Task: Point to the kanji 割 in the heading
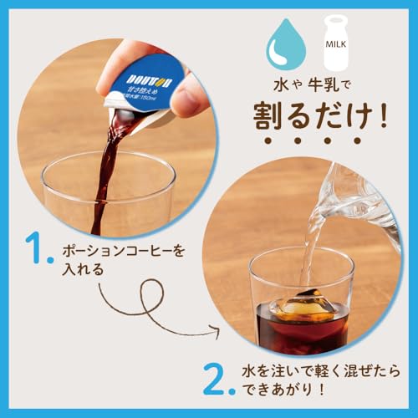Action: pos(265,118)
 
